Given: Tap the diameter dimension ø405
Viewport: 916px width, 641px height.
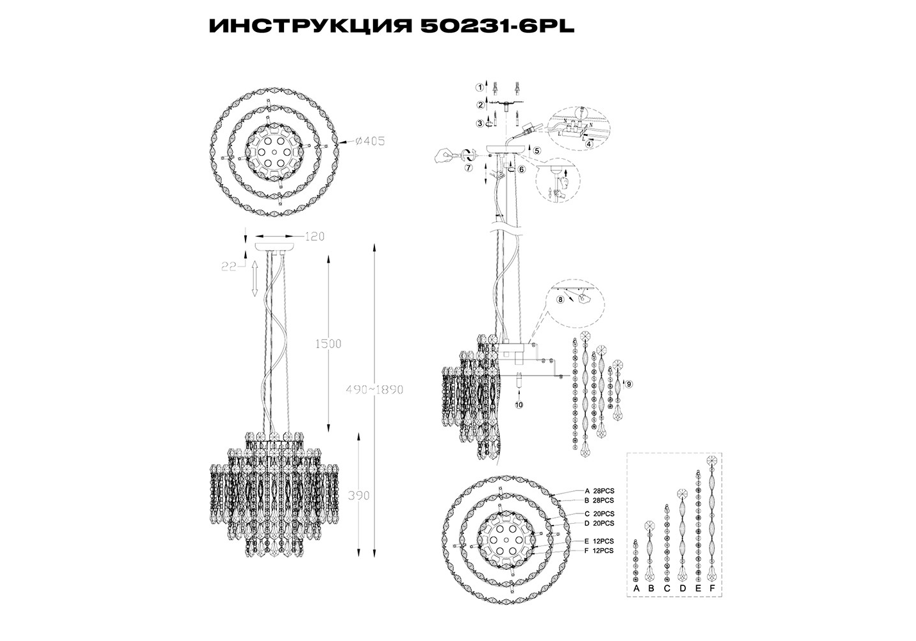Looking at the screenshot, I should tap(369, 142).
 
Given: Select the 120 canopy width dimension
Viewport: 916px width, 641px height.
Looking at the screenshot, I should tap(313, 237).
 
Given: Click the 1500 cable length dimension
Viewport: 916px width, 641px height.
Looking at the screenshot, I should tap(329, 344).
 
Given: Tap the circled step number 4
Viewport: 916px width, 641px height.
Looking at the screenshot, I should tap(588, 144).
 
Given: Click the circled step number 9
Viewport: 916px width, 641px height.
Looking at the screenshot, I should tap(629, 384).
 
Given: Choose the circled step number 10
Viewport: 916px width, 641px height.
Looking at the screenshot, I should tap(519, 405).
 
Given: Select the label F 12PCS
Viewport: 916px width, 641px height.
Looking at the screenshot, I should tap(599, 551).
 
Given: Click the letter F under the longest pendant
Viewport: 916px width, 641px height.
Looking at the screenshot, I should tap(712, 588).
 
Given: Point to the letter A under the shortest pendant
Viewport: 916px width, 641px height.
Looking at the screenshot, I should tap(636, 588).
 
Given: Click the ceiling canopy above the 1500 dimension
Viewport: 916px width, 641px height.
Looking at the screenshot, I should tap(276, 246).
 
